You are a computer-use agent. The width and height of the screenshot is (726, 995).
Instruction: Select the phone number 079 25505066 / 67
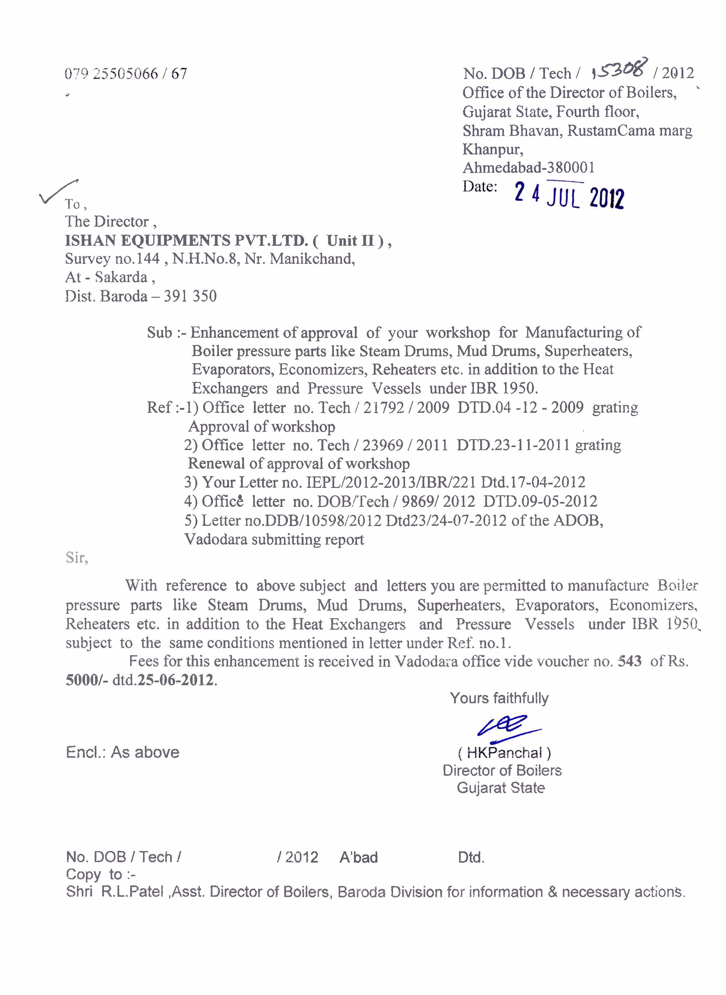(x=126, y=74)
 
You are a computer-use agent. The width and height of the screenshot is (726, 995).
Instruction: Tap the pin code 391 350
(x=190, y=296)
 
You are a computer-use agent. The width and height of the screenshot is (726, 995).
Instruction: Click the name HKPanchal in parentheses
(x=504, y=753)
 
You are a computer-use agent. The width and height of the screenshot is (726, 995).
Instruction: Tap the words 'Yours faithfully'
(x=499, y=698)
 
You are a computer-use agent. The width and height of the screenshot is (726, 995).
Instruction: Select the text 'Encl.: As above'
(x=123, y=753)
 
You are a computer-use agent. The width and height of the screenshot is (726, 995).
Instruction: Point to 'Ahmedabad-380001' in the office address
(x=529, y=167)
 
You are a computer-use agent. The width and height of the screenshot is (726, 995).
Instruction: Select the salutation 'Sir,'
(x=77, y=558)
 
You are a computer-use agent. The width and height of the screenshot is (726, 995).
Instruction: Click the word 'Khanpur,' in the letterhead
(x=493, y=149)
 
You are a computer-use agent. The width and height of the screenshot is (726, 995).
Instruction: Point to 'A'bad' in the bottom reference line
(x=358, y=857)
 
